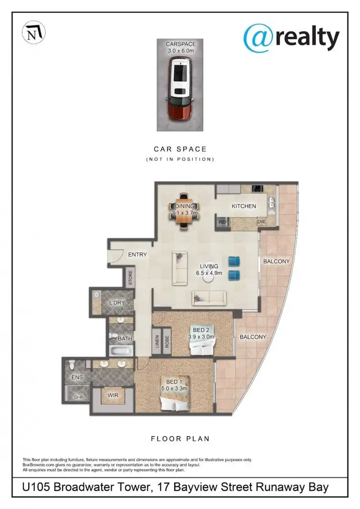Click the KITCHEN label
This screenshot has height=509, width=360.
(244, 206)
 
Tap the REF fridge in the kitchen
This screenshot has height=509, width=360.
(222, 222)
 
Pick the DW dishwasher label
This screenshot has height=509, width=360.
(261, 222)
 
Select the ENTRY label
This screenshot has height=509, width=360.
(137, 254)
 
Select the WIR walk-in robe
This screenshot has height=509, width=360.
(113, 395)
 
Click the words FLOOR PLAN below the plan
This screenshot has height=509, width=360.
(180, 438)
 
